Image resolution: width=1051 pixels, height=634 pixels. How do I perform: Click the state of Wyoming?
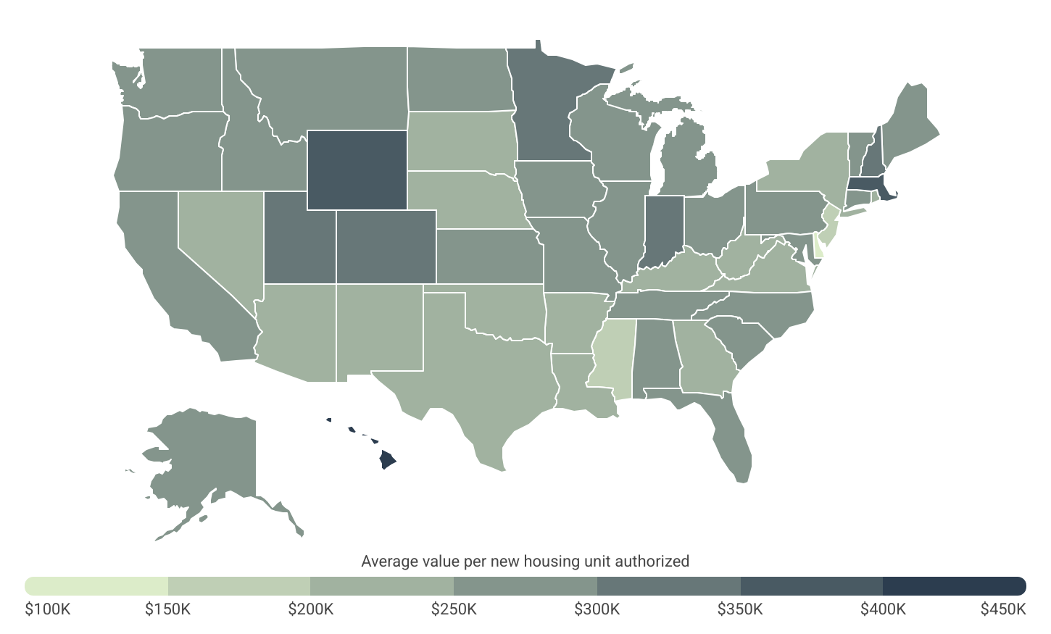(357, 170)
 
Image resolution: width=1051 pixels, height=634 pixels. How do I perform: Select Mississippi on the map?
(613, 355)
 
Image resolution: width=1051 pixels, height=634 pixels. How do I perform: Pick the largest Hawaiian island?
(387, 459)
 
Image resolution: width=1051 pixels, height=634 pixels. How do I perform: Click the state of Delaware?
(820, 246)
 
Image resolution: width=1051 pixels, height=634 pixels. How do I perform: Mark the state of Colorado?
(386, 246)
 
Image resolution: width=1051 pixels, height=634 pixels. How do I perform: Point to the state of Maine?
(910, 123)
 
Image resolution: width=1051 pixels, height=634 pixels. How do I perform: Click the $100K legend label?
(48, 609)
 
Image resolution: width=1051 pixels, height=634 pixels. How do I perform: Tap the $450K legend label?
(1003, 609)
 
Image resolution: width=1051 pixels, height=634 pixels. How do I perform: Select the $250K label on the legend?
(454, 609)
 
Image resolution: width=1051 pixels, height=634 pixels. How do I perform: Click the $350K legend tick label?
(740, 609)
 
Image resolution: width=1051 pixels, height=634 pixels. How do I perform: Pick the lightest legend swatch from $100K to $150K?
(96, 585)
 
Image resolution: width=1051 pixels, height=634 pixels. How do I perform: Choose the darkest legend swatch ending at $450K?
(954, 585)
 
